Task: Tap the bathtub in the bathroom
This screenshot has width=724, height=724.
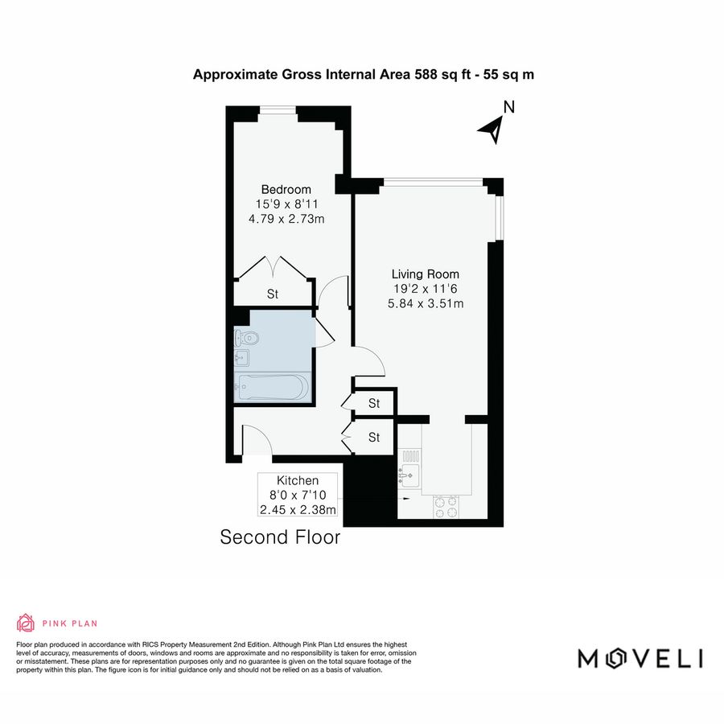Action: pyautogui.click(x=270, y=388)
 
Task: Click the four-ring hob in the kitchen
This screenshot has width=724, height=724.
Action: pyautogui.click(x=445, y=505)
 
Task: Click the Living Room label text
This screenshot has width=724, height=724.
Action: pyautogui.click(x=426, y=274)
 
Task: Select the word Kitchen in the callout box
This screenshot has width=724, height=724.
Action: pyautogui.click(x=298, y=480)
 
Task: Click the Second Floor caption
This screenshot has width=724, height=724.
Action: pyautogui.click(x=280, y=537)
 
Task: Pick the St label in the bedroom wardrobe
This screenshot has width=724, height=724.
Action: pyautogui.click(x=273, y=294)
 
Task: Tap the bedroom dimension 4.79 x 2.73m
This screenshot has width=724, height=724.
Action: pyautogui.click(x=287, y=219)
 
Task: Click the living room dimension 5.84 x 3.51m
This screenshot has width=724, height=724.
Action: pyautogui.click(x=426, y=303)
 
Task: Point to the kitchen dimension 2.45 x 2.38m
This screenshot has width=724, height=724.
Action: pyautogui.click(x=298, y=509)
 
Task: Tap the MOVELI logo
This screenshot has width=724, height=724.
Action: pyautogui.click(x=640, y=658)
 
